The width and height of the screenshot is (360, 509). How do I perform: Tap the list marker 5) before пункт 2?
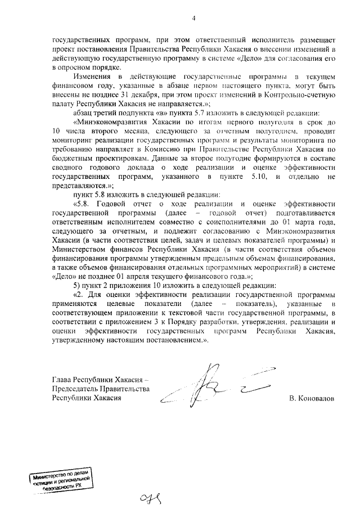[76, 285]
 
